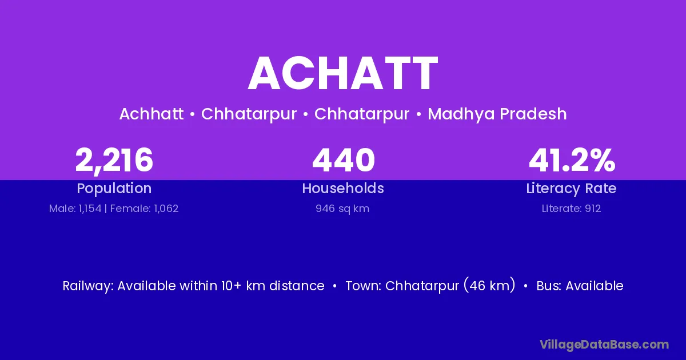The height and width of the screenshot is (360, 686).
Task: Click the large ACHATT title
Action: click(343, 73)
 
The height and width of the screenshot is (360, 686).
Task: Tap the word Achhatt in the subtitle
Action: click(151, 114)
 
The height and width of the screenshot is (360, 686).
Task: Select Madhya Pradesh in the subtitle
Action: click(497, 114)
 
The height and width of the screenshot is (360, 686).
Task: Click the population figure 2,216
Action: click(114, 160)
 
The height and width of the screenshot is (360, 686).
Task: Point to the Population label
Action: click(114, 188)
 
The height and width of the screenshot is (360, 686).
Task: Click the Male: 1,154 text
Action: click(75, 209)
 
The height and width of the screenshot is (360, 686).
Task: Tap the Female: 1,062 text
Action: click(144, 209)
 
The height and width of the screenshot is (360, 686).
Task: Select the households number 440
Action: click(344, 160)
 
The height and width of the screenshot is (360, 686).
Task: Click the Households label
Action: click(343, 188)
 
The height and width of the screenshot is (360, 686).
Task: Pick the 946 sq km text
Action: click(342, 209)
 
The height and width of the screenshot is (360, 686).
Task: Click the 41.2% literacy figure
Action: click(572, 160)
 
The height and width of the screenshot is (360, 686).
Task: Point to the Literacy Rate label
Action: click(571, 188)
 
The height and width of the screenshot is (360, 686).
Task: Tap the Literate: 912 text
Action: click(571, 209)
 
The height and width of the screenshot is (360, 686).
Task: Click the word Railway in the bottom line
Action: click(88, 286)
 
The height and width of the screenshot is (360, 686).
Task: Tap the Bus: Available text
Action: click(580, 286)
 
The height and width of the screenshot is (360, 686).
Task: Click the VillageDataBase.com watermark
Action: click(604, 345)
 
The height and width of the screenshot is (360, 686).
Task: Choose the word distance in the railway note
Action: click(297, 286)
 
